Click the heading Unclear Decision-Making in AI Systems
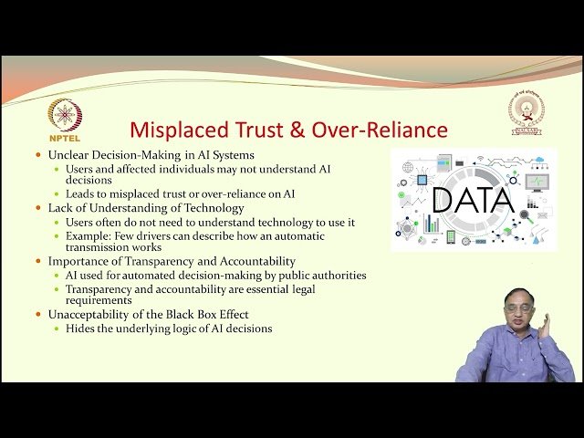[x=151, y=155]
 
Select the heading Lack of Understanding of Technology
[x=145, y=208]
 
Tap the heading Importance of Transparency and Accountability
[x=172, y=261]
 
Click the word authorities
[x=337, y=275]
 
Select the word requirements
[x=99, y=300]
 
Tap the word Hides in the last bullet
[x=79, y=328]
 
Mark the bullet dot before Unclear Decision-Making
[x=37, y=155]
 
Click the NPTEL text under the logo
[x=65, y=141]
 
